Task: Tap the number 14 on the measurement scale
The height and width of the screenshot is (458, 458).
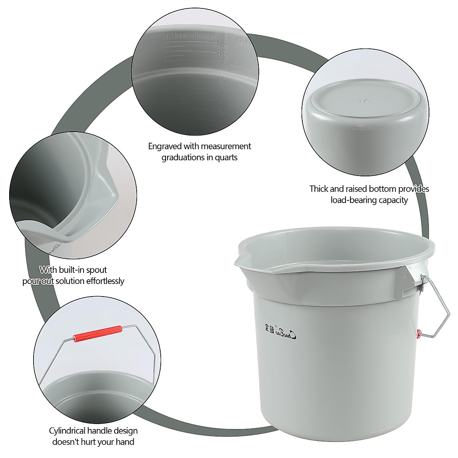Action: tap(222, 45)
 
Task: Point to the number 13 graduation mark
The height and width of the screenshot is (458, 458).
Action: tap(222, 54)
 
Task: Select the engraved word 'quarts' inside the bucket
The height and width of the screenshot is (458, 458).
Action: tap(202, 35)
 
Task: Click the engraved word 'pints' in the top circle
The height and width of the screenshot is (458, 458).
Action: tap(176, 35)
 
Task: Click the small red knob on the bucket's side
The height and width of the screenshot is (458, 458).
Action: tap(419, 334)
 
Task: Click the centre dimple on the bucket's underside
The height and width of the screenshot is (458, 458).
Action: tap(364, 102)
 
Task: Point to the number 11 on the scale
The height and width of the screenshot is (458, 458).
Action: tap(223, 81)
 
